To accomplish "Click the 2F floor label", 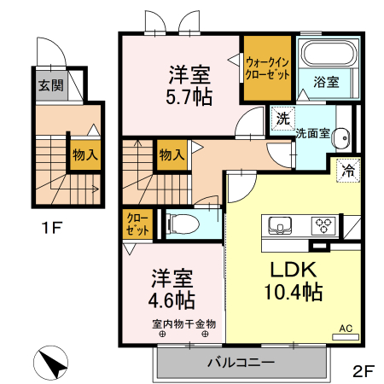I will click(364, 371).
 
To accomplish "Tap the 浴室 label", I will click(325, 83).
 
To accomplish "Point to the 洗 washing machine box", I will click(282, 119).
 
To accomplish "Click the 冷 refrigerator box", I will click(347, 169).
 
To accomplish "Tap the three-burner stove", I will click(324, 225).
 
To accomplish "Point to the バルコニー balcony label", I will click(241, 363).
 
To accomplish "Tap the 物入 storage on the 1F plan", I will click(82, 156).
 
